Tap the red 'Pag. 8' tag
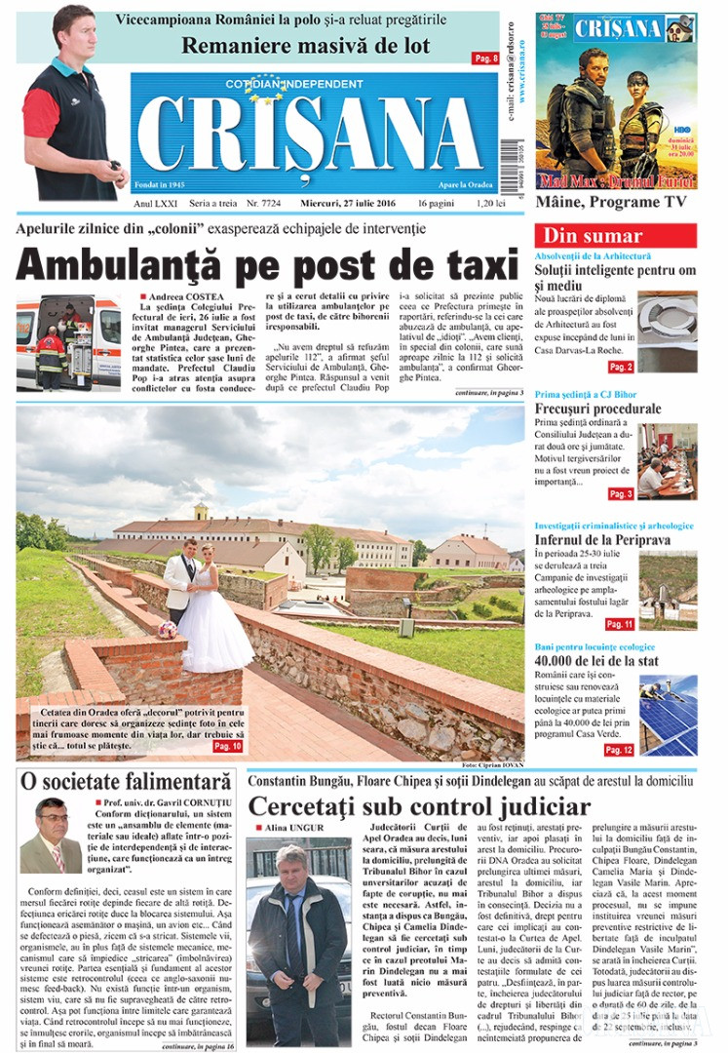point(485,58)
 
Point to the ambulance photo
point(68,342)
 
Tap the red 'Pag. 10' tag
point(225,746)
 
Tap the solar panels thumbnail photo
point(668,715)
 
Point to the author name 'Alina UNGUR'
point(293,827)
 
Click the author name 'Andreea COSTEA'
point(186,296)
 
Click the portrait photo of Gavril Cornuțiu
point(50,836)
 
